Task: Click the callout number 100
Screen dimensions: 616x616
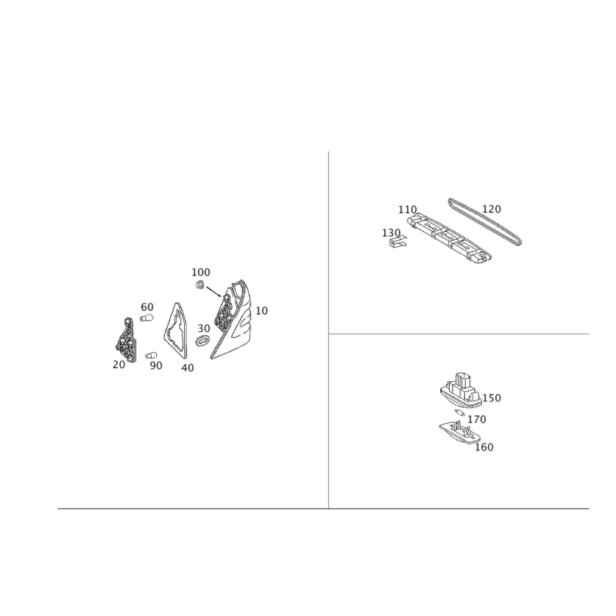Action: coord(201,273)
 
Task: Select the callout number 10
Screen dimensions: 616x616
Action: coord(262,311)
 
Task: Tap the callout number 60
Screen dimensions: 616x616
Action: coord(147,306)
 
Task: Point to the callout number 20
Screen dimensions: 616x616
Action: coord(119,364)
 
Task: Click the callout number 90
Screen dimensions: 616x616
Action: coord(156,365)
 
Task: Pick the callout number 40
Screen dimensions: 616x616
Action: coord(188,368)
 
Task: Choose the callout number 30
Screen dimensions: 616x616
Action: coord(204,329)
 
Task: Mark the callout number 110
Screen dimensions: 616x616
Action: coord(407,209)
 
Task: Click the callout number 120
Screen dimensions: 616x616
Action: coord(491,209)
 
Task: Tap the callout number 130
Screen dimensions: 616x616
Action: coord(391,233)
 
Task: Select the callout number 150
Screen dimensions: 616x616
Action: coord(491,398)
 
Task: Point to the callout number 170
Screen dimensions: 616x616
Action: coord(477,420)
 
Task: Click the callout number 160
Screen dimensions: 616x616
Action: coord(484,447)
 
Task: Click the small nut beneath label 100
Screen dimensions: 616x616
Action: coord(199,284)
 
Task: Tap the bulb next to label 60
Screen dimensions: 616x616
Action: coord(146,318)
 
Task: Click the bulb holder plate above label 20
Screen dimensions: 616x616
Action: coord(126,340)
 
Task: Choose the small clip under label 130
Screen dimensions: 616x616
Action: coord(397,242)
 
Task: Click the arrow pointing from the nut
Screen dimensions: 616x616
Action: coord(214,292)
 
